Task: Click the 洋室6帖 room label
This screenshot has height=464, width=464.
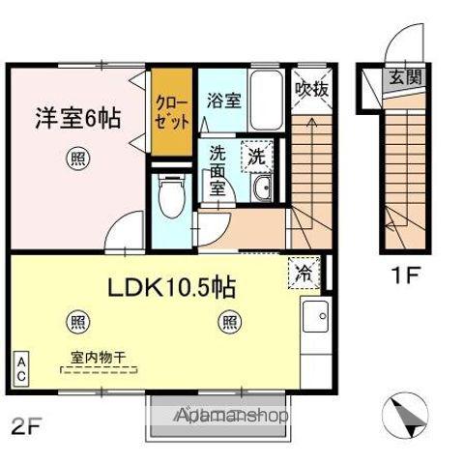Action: click(78, 119)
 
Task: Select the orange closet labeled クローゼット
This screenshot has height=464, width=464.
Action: click(172, 114)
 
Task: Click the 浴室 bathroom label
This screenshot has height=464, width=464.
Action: click(223, 100)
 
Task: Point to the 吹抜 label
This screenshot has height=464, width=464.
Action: click(309, 90)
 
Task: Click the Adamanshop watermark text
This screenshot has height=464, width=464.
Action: click(233, 417)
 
